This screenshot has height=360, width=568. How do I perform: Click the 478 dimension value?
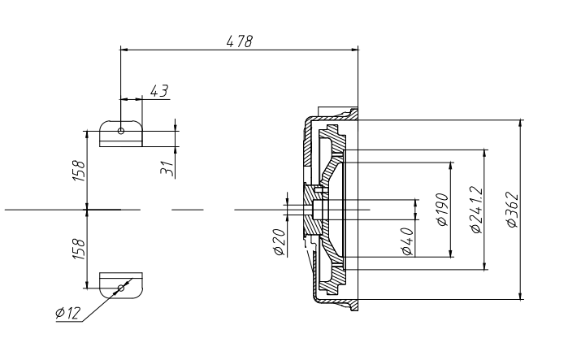coord(239,41)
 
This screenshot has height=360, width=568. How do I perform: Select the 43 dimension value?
coord(159,90)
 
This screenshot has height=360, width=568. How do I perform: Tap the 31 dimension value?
coord(167,168)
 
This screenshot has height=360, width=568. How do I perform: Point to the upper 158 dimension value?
coord(79,170)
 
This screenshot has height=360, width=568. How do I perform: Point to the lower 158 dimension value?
coord(79,249)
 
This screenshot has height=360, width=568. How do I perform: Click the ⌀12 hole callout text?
coord(68,313)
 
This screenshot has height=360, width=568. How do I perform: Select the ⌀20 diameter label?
coord(280,242)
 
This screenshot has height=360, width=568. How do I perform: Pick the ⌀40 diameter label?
coord(407,241)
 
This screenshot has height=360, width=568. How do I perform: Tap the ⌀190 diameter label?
coord(443,210)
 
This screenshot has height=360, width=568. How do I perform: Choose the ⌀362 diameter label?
coord(512,210)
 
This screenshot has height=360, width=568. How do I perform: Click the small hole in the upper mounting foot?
coord(121,131)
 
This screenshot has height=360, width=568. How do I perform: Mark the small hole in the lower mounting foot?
coord(121,288)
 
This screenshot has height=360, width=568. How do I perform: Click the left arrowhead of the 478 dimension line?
coord(124,50)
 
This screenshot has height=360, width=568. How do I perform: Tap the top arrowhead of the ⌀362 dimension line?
coord(521,124)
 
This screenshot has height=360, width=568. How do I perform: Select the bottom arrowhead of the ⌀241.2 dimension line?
coord(485,266)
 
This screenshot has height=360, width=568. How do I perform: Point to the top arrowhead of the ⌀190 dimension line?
coord(451,167)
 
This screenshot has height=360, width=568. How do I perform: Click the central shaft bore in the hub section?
coord(318,210)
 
